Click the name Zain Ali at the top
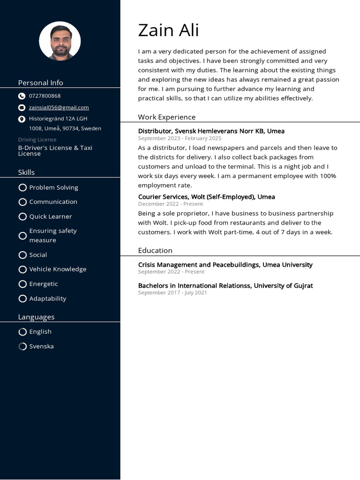coord(168,30)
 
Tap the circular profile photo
coord(60,41)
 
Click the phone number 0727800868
coord(45,96)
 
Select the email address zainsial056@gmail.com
coord(59,107)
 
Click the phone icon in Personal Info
coord(22,96)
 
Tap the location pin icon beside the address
coord(22,119)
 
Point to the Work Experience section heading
coord(166,117)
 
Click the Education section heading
coord(155,250)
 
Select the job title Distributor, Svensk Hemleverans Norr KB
coord(211,131)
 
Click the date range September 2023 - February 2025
coord(180,138)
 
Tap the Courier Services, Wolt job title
coord(206,197)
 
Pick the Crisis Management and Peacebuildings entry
coord(225,265)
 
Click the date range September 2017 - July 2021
coord(172,292)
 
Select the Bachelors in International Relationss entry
coord(225,285)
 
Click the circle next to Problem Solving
coord(22,187)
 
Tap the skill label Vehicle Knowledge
coord(58,269)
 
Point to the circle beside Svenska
coord(22,346)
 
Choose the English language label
coord(40,331)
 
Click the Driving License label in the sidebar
coord(37,140)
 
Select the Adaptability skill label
coord(48,299)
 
